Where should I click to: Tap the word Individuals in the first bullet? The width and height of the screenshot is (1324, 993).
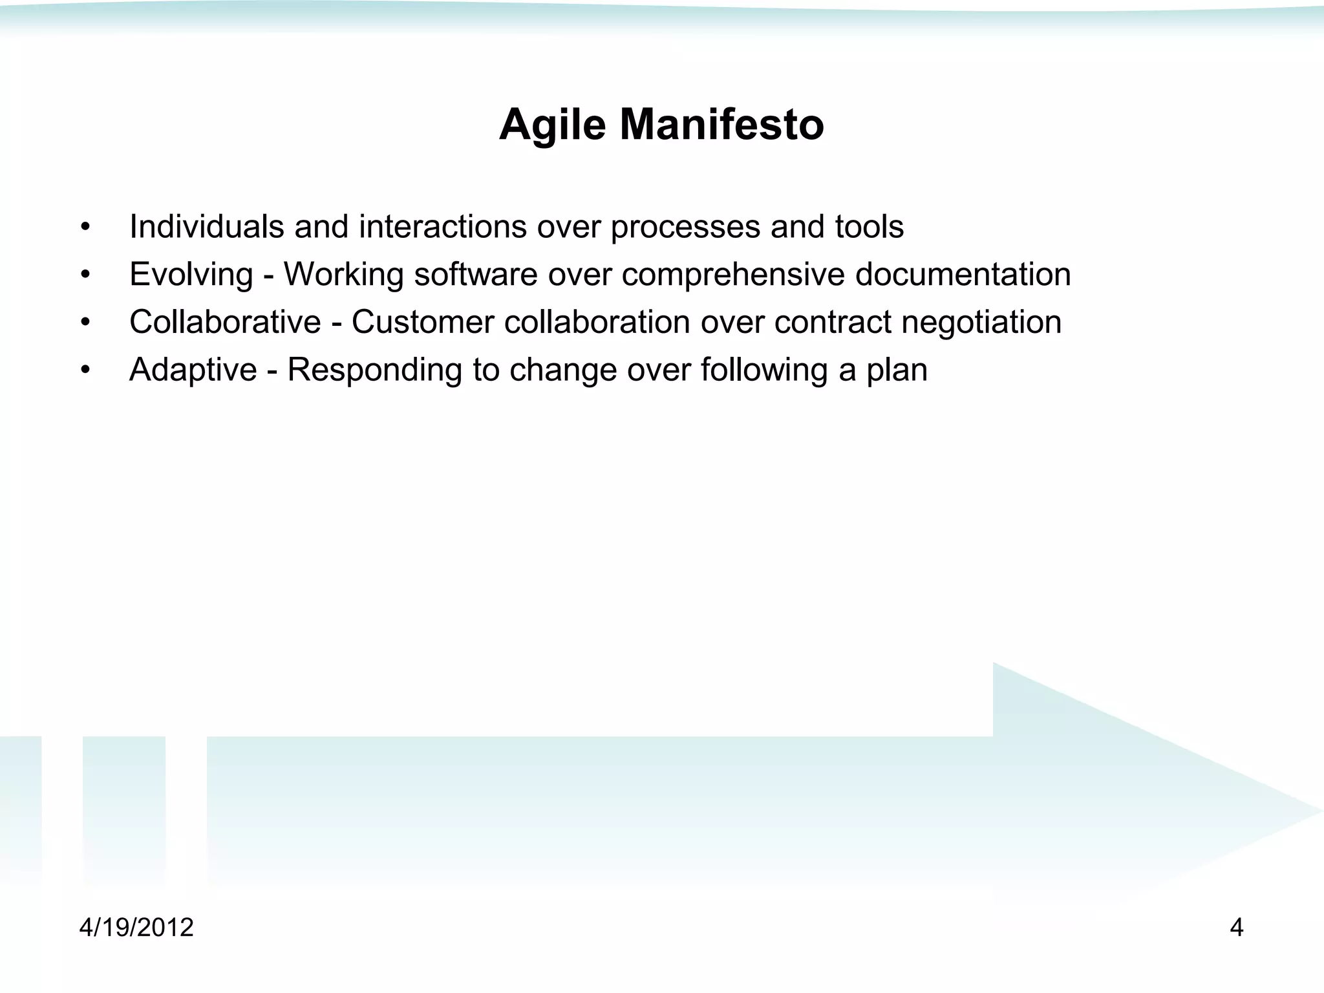(x=206, y=227)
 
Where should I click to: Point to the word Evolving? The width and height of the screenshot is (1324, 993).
(x=191, y=275)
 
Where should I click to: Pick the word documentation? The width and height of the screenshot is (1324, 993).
(x=963, y=274)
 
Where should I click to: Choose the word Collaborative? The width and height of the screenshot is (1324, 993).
(x=225, y=322)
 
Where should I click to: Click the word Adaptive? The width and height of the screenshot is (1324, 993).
(x=193, y=370)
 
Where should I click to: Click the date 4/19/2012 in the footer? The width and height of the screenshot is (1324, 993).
(x=136, y=928)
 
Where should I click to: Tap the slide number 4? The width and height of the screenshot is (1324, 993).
(x=1236, y=928)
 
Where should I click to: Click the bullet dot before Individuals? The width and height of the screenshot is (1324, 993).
(x=85, y=228)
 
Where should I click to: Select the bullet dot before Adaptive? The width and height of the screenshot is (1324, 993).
(x=85, y=371)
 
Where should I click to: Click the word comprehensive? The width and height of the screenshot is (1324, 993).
(x=733, y=275)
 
